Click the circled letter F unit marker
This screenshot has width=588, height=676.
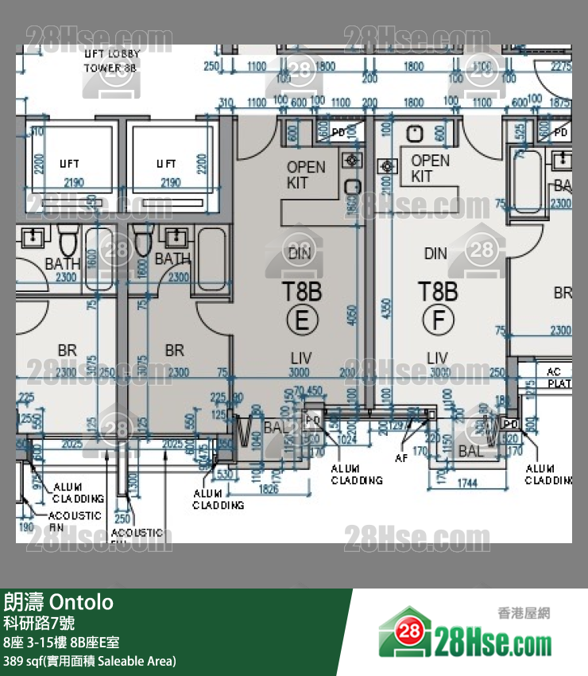(437, 320)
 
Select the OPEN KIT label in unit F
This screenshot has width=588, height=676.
(430, 169)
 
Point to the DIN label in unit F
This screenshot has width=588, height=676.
(435, 254)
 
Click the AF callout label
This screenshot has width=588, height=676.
(402, 458)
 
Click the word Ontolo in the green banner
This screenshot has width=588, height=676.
(83, 602)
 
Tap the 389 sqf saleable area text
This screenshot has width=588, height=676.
(90, 661)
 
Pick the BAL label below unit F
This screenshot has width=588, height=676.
(470, 451)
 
